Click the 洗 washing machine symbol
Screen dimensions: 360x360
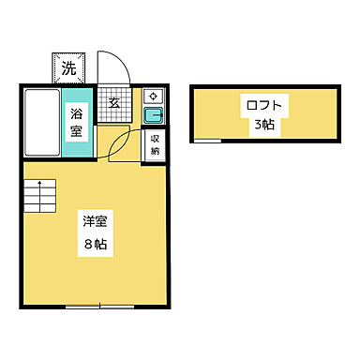(68, 67)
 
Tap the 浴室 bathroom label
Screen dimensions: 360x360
(77, 123)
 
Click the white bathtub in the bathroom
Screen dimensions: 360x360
(41, 123)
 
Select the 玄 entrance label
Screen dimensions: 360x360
(112, 104)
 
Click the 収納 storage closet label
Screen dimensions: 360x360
(156, 144)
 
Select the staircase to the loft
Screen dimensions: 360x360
(40, 197)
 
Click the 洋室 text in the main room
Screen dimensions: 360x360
(93, 222)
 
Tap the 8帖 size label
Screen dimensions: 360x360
(93, 247)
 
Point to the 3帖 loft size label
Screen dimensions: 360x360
(262, 125)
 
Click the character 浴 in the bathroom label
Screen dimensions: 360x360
(77, 114)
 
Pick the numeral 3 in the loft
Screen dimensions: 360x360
(256, 125)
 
